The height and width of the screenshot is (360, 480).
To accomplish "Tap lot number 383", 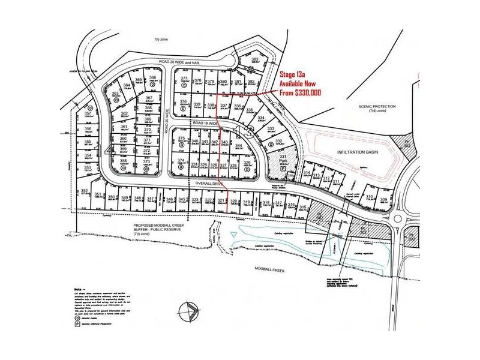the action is [255, 59].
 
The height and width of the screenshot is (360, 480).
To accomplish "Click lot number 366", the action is [153, 77].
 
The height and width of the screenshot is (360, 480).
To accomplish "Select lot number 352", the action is [85, 191].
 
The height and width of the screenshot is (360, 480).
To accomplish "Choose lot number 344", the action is [238, 146].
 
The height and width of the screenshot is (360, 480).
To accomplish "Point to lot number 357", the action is [88, 113].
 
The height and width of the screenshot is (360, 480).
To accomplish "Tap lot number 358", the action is [123, 161].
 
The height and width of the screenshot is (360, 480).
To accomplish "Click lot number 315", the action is [303, 207].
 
